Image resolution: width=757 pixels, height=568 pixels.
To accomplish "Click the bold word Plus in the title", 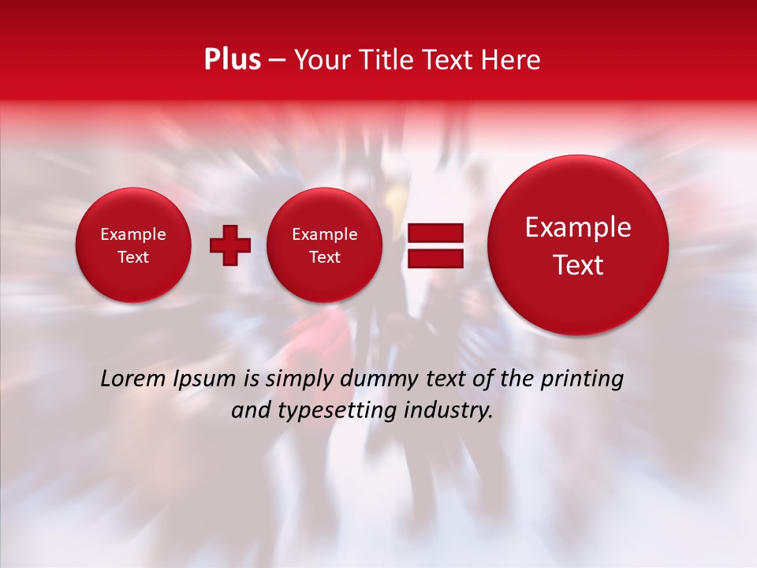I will (232, 59).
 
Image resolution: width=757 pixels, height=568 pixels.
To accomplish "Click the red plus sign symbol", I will (230, 245).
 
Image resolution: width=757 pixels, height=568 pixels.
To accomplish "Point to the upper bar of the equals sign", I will (434, 233).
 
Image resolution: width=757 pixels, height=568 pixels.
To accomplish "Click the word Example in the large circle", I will (578, 227).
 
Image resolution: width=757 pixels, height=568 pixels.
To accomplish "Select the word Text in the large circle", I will (578, 265).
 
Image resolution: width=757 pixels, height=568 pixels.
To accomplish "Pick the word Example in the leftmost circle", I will (133, 234).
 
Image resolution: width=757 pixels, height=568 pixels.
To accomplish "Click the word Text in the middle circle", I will (324, 257).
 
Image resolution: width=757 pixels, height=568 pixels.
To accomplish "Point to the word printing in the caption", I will (581, 379).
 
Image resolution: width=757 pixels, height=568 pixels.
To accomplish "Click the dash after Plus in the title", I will (277, 60).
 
